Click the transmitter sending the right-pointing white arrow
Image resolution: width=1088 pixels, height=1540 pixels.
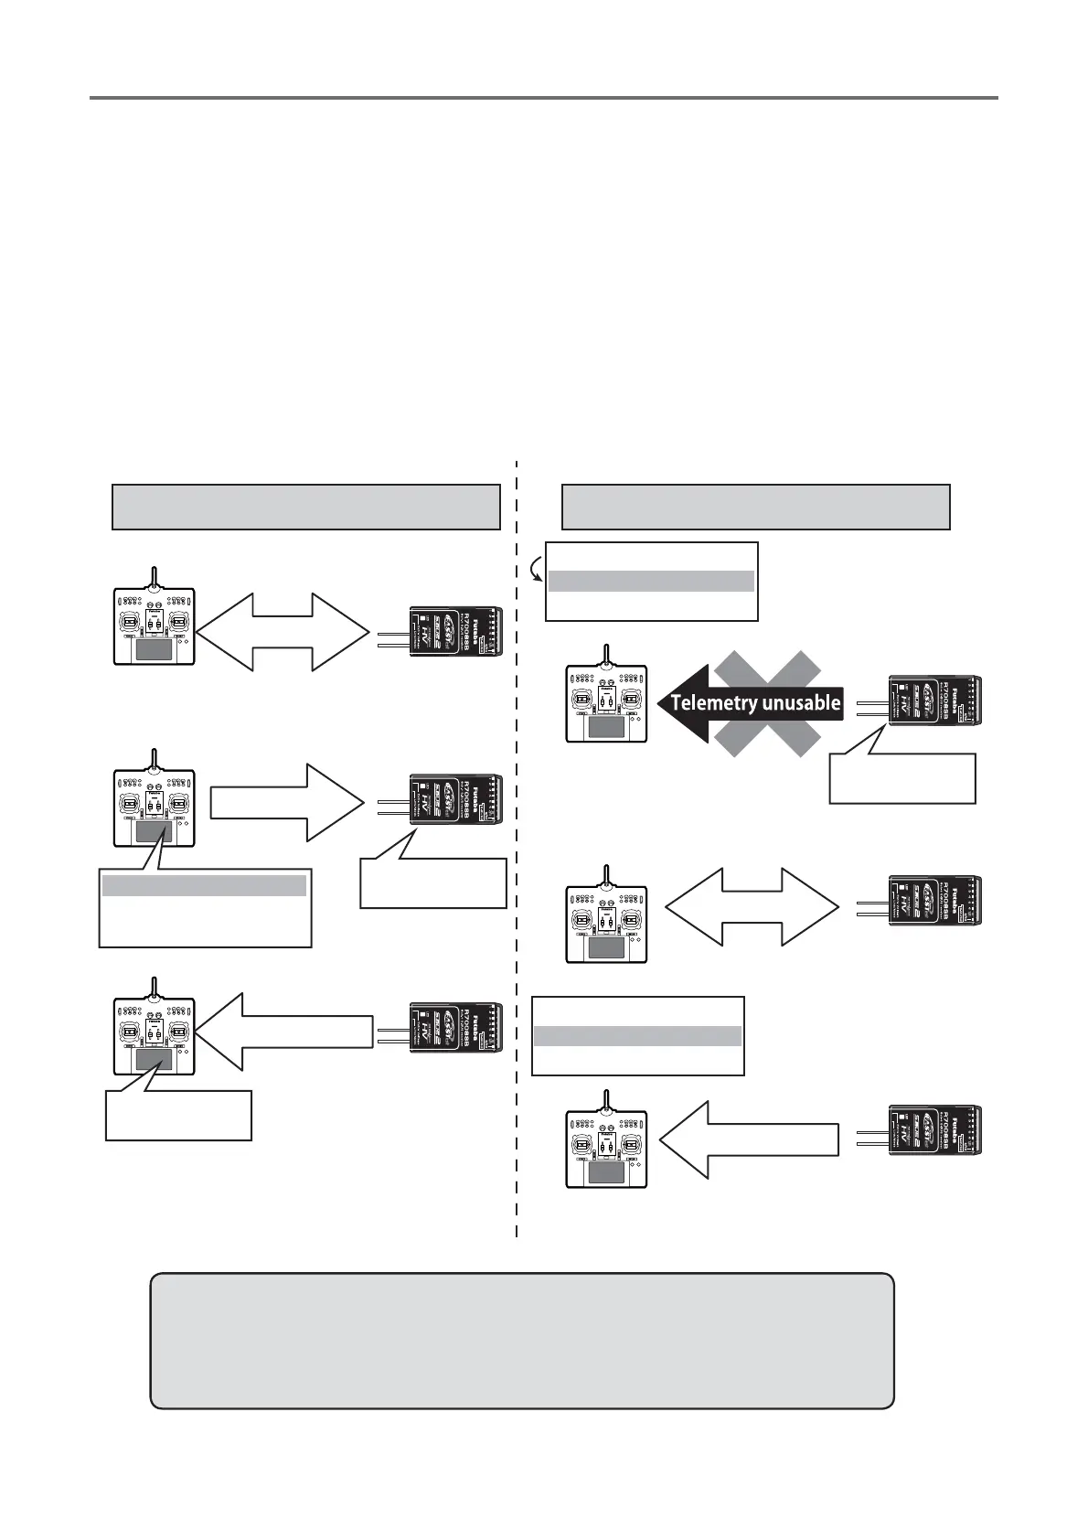pos(155,803)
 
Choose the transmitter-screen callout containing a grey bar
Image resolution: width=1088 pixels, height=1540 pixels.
pos(205,908)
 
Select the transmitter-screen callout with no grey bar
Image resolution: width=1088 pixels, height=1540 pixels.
pos(178,1114)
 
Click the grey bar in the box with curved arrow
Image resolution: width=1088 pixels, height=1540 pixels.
pos(650,581)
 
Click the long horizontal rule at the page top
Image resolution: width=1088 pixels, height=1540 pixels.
pos(543,96)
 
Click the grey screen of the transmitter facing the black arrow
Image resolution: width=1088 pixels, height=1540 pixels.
pos(605,728)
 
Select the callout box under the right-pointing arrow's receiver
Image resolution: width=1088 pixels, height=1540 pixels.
pos(433,882)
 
